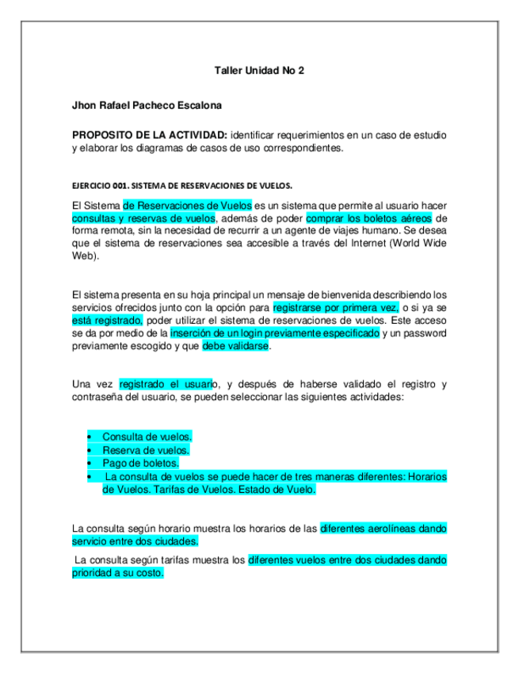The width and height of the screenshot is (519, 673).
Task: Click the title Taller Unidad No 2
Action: point(259,71)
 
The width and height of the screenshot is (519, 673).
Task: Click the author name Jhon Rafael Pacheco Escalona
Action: point(147,105)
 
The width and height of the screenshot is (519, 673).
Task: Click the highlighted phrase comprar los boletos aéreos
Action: point(370,218)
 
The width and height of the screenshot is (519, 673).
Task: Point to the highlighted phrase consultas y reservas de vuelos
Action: point(143,218)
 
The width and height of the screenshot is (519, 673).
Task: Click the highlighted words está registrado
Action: point(107,321)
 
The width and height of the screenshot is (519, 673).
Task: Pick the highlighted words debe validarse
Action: point(237,347)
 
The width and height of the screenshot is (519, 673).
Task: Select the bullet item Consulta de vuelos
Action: point(147,436)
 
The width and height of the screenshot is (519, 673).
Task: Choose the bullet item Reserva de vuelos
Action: point(146,450)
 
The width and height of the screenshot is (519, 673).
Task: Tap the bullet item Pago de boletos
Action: point(140,463)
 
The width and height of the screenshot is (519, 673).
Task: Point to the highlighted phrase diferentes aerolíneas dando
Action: point(383,528)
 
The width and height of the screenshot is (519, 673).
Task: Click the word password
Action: point(424,334)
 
